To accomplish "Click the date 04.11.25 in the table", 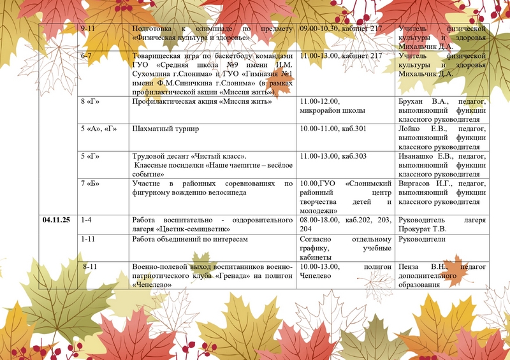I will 56,220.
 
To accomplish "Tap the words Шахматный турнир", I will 165,129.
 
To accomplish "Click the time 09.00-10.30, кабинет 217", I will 340,29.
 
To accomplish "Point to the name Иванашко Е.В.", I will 421,156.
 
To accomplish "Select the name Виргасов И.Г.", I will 421,184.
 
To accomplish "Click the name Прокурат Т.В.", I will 422,229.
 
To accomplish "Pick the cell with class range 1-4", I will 87,220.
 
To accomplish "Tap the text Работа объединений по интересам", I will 189,239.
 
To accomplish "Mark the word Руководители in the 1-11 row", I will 421,239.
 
